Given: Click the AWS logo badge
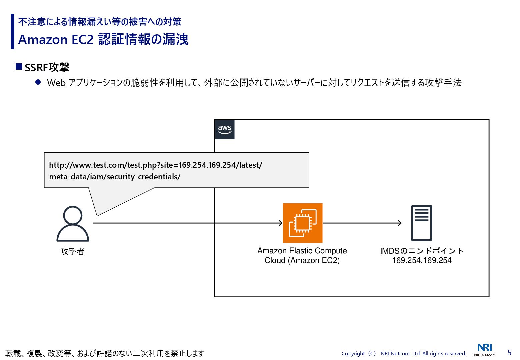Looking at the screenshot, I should point(225,129).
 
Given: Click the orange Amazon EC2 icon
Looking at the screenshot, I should point(303,223).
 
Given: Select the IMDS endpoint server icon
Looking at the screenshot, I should point(422,223).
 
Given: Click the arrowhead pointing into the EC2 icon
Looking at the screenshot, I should point(281,223).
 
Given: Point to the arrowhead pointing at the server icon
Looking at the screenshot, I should point(400,223).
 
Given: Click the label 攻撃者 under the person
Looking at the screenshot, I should point(73,251).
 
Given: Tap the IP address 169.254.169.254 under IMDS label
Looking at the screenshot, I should point(422,260).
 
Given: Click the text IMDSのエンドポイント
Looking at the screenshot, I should point(422,251).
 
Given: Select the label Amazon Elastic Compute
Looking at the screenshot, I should point(302,251).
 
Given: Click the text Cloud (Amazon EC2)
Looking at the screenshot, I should point(302,260).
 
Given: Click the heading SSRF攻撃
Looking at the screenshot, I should point(47,68).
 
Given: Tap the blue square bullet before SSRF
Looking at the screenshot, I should point(19,67).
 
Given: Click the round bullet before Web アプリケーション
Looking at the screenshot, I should point(38,82).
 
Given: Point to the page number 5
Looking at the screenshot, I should point(509,352).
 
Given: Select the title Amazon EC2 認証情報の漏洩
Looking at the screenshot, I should point(103,39).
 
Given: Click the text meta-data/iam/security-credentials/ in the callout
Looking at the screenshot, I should point(115,177).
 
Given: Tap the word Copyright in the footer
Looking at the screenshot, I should point(353,354).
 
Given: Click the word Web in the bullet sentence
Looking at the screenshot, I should point(56,83).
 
